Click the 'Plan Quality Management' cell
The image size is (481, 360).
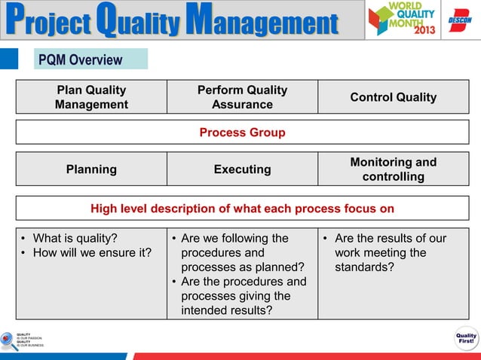(91, 97)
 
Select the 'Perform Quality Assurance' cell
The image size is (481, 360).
(242, 97)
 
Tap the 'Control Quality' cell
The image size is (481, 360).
(393, 97)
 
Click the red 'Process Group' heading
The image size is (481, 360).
(242, 133)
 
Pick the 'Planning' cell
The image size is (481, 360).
(91, 169)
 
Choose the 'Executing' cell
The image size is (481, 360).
(242, 169)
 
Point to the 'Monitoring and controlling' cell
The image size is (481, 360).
(393, 169)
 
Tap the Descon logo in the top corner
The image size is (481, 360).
(459, 20)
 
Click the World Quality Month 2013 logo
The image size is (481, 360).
(400, 20)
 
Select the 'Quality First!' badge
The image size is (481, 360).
(465, 338)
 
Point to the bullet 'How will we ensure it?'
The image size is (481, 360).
(87, 253)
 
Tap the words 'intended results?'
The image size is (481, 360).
(226, 310)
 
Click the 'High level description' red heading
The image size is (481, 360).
(242, 208)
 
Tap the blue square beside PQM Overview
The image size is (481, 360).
(9, 59)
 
